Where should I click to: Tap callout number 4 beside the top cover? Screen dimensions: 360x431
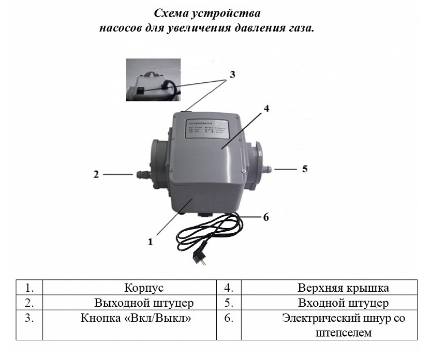(266, 109)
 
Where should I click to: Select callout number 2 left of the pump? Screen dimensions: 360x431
(96, 174)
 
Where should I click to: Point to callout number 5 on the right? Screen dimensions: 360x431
(305, 169)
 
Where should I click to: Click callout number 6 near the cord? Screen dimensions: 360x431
(266, 217)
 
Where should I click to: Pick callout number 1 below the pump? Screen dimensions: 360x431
(151, 241)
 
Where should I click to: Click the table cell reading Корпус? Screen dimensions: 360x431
(144, 288)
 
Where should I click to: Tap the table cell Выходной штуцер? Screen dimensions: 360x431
(144, 303)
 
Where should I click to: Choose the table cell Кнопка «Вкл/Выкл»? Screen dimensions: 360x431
(136, 318)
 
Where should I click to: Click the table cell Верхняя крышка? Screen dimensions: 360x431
(343, 288)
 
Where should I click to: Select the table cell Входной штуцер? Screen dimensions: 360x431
(343, 303)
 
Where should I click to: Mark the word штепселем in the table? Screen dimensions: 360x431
(343, 333)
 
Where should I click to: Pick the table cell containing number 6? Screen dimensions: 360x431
(229, 318)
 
